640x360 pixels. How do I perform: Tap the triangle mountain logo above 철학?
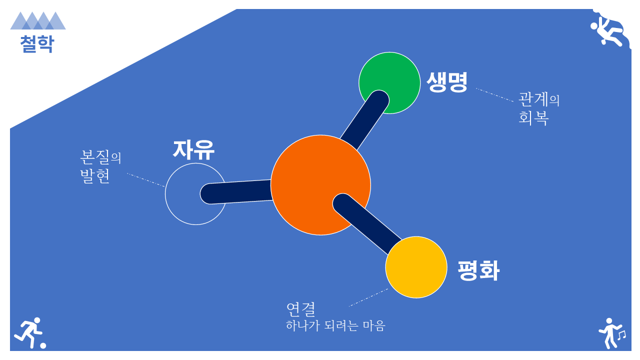(x=38, y=20)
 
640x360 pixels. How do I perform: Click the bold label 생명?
(x=447, y=82)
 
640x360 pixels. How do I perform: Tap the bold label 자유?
(x=193, y=149)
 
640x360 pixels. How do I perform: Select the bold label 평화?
(x=478, y=270)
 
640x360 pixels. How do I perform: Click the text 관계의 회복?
(x=539, y=108)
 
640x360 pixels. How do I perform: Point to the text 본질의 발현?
(x=100, y=166)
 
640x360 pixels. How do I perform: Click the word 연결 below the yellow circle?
(x=301, y=309)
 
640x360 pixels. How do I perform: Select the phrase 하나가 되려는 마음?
(x=335, y=325)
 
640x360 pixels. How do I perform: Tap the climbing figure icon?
(x=607, y=31)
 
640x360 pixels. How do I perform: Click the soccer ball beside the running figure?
(x=43, y=345)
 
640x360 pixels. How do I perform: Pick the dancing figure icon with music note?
(x=612, y=333)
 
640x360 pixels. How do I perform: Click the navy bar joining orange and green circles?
(x=365, y=119)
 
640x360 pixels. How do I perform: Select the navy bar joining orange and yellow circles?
(x=367, y=224)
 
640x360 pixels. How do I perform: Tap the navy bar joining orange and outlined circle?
(x=236, y=192)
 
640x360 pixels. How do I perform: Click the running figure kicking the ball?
(x=28, y=332)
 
